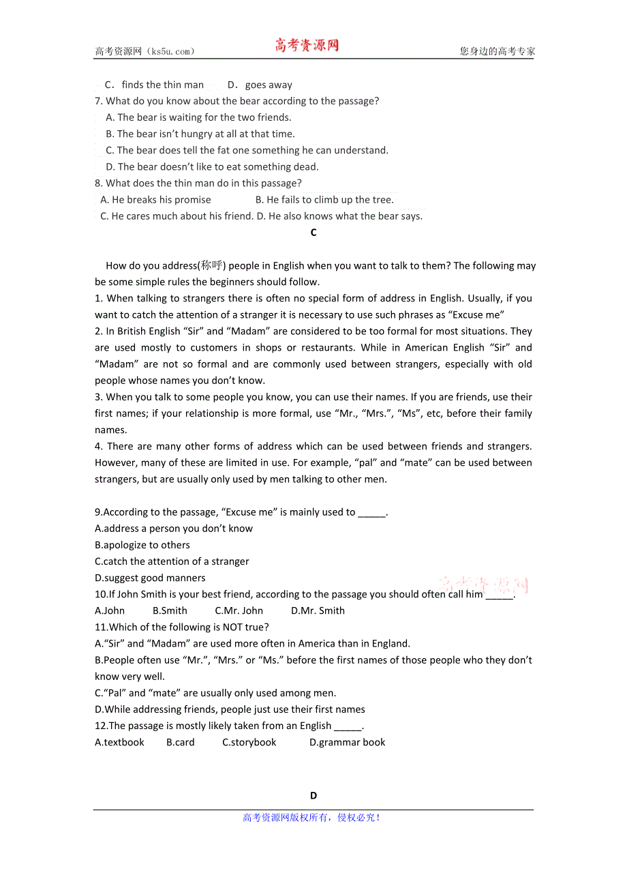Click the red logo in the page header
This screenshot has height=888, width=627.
[x=307, y=46]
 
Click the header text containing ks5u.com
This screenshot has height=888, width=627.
[x=144, y=51]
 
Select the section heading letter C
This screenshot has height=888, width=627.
[x=313, y=233]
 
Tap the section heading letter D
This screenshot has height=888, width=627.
[x=313, y=795]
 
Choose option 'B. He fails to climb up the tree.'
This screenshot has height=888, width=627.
[x=324, y=200]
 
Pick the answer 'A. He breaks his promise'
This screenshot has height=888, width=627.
[x=155, y=200]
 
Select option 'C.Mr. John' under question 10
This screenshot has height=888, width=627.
[x=239, y=611]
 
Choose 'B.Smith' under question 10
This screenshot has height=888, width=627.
[x=170, y=611]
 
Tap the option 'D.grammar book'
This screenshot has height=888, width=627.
[x=347, y=743]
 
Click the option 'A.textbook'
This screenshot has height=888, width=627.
[x=119, y=743]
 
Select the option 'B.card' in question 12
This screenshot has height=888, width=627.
[x=181, y=743]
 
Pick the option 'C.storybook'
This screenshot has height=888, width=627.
[x=249, y=743]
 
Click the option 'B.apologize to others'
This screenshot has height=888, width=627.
[x=142, y=546]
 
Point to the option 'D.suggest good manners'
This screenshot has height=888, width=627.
[x=150, y=578]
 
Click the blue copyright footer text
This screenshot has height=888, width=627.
[x=311, y=818]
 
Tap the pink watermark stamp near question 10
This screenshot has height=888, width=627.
[x=484, y=584]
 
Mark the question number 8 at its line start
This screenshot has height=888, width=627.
[x=99, y=183]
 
